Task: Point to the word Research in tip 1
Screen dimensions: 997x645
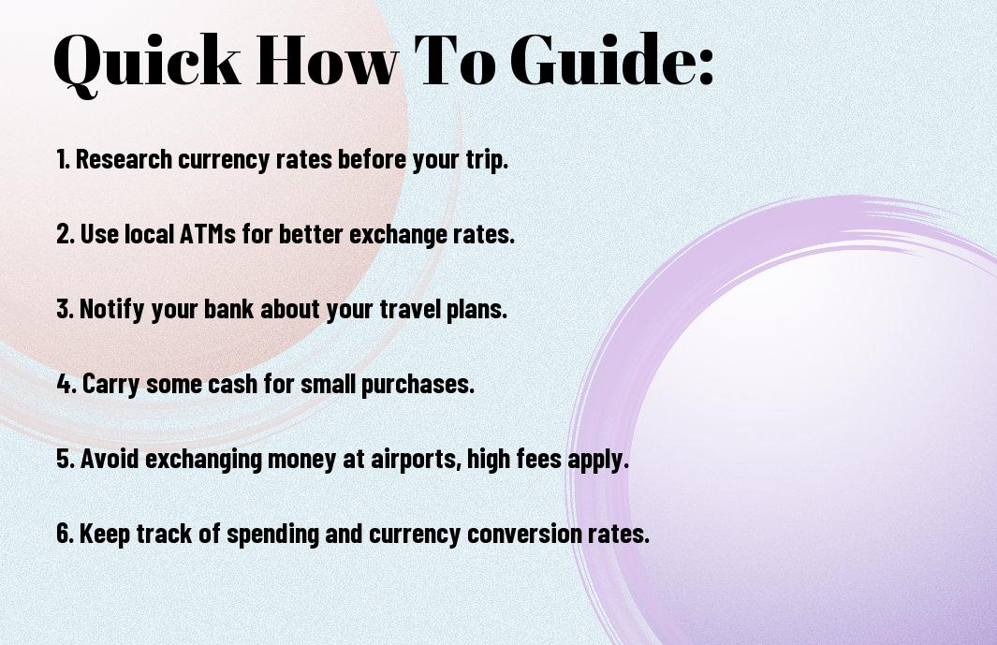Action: tap(124, 159)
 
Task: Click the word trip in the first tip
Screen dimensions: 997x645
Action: tap(486, 160)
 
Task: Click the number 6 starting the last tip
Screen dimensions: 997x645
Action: tap(65, 533)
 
